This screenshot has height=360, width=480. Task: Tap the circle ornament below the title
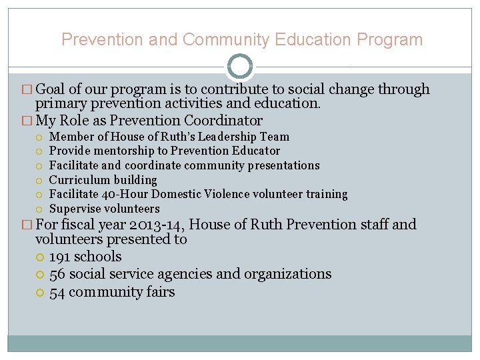coord(240,67)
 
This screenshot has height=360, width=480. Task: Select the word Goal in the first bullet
coord(53,89)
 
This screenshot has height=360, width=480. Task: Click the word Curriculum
coord(77,180)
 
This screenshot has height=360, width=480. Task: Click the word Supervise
coord(73,209)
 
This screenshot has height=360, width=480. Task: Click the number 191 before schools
coord(61,257)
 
